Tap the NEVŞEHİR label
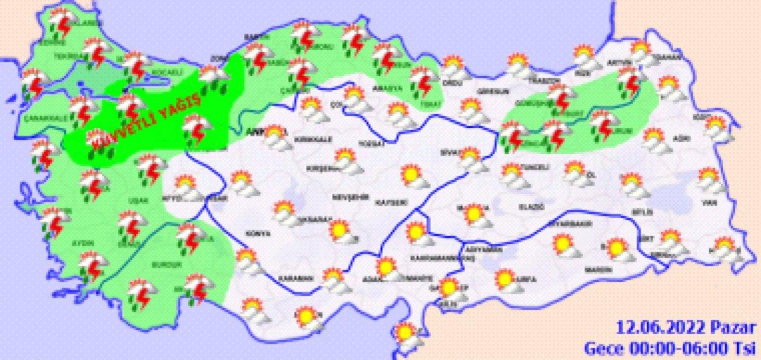pos(349,197)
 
